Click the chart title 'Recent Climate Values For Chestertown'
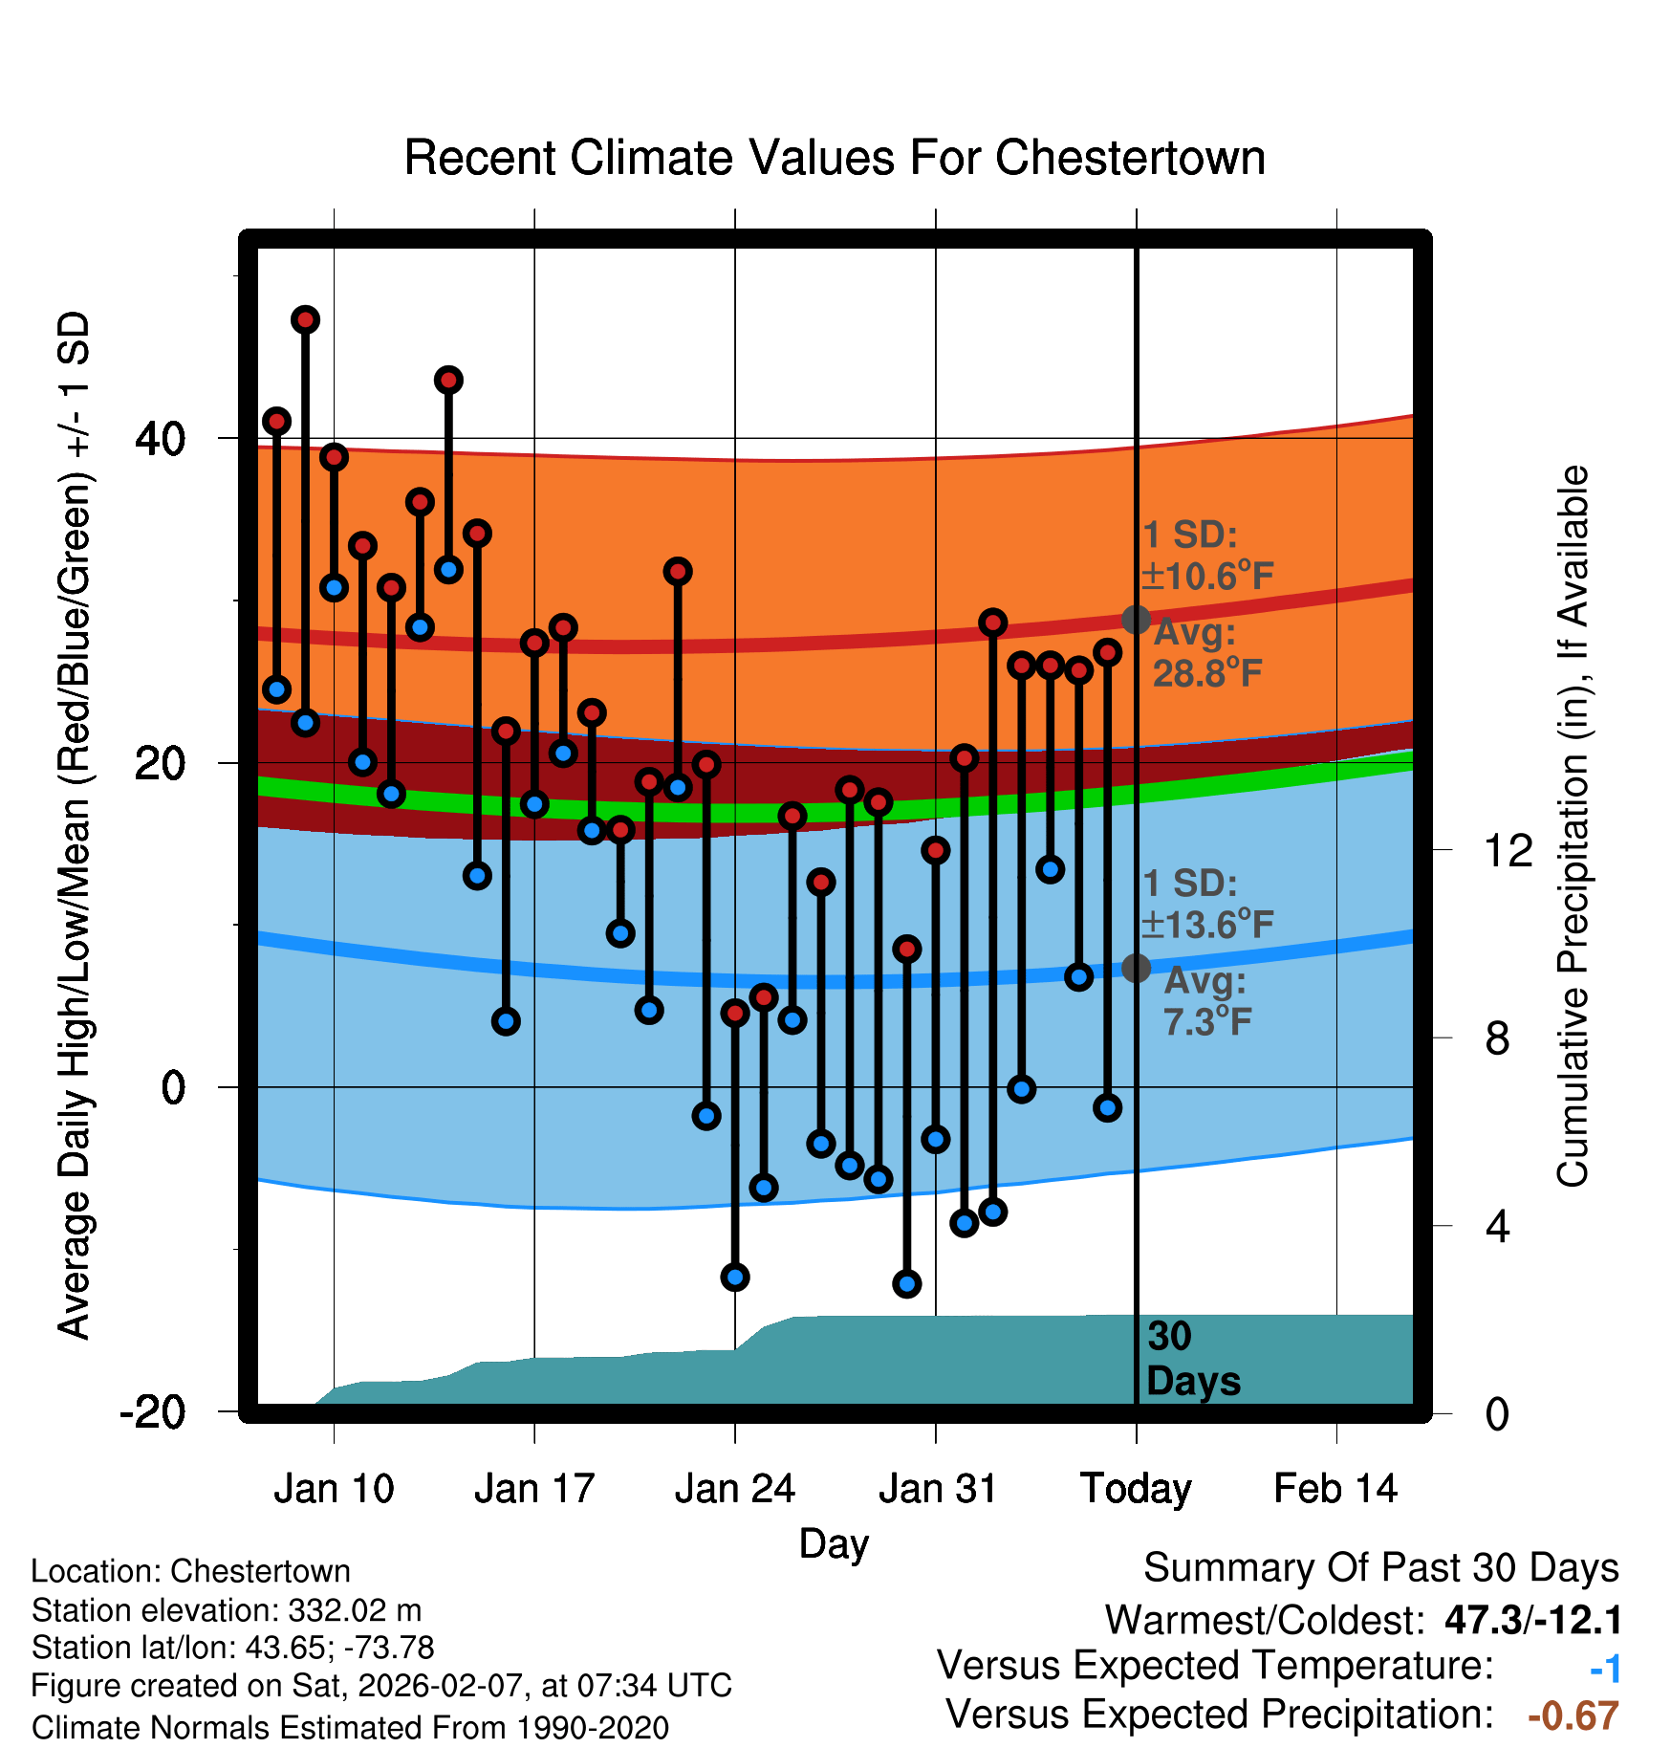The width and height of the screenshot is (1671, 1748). [835, 158]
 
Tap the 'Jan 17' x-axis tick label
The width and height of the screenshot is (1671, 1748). [534, 1489]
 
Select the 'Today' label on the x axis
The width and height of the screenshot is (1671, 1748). [1136, 1489]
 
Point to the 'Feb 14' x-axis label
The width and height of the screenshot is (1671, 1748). [1335, 1489]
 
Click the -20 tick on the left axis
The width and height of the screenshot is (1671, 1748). [153, 1411]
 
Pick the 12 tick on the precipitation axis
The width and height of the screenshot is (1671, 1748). [1508, 850]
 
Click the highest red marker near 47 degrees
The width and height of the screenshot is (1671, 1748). [305, 319]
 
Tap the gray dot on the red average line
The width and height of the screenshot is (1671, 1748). [1136, 620]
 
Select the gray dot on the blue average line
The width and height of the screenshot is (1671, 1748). [1136, 968]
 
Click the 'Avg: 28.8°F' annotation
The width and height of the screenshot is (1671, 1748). [1206, 653]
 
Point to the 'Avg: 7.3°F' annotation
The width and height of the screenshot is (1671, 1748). [1206, 1001]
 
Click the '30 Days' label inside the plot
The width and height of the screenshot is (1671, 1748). [1192, 1359]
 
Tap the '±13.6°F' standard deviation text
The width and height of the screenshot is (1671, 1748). [1207, 925]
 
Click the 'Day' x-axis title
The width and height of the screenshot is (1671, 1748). [834, 1543]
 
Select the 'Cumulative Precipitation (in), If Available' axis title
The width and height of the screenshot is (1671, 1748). [1573, 826]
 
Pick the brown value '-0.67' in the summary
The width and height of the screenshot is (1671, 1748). [1573, 1716]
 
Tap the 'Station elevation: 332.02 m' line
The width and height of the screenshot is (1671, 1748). [227, 1610]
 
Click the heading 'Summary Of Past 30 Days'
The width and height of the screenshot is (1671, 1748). [1380, 1568]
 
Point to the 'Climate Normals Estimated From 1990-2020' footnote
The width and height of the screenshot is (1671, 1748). [350, 1728]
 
